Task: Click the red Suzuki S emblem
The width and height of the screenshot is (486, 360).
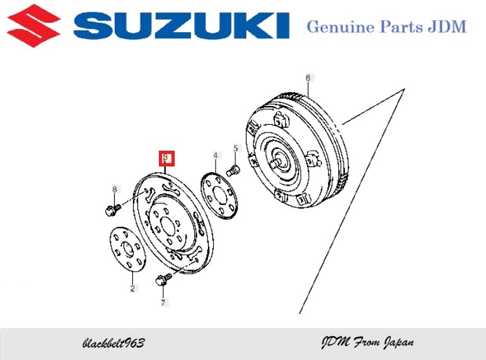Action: coord(33,25)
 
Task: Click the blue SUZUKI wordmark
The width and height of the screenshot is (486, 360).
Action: coord(182,25)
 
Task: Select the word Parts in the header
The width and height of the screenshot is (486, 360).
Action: coord(402,26)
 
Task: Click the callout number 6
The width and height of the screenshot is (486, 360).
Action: coord(308,78)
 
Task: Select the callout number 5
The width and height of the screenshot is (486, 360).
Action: coord(236,148)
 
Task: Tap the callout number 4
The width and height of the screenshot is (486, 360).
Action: coord(216,155)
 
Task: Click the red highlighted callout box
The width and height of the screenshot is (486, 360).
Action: coord(167,158)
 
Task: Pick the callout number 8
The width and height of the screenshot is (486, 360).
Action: coord(115,189)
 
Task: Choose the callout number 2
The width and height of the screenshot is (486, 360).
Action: coord(132,288)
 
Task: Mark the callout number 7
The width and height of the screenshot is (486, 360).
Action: coord(163,302)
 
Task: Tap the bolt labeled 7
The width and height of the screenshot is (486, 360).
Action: coord(163,279)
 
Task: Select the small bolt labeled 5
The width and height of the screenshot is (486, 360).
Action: coord(233,170)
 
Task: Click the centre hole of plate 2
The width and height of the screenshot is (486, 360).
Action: coord(128,248)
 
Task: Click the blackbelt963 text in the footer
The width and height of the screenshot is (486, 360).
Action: coord(113,342)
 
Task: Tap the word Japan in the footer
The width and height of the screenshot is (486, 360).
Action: coord(399,342)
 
